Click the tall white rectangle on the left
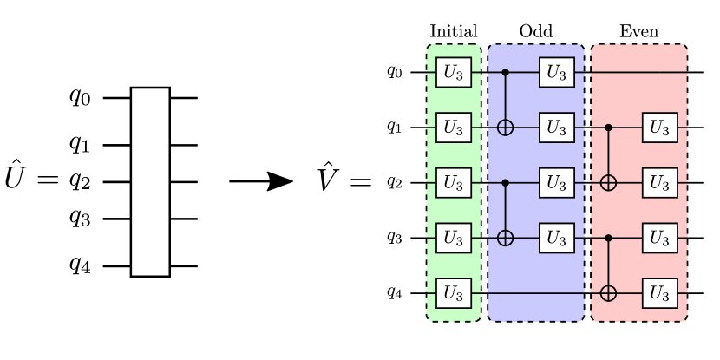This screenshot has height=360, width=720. click(x=150, y=182)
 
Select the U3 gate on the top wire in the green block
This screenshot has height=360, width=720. click(x=453, y=73)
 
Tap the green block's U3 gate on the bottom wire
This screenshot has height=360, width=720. click(x=453, y=293)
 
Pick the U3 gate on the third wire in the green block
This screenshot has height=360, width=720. click(x=453, y=183)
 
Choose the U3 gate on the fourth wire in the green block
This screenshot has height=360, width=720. click(x=453, y=238)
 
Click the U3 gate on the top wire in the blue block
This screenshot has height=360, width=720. click(x=556, y=73)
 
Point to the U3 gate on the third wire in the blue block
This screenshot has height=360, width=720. click(x=556, y=183)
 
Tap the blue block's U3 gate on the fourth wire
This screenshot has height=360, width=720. click(x=556, y=238)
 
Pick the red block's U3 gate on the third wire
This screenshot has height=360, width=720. click(x=659, y=183)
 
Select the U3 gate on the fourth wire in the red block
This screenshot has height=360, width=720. click(x=659, y=238)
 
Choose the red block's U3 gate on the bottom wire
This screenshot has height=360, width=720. click(x=659, y=293)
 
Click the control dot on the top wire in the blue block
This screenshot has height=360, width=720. click(x=505, y=73)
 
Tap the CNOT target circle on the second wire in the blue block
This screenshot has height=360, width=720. click(x=505, y=128)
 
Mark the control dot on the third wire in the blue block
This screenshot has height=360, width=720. click(x=505, y=183)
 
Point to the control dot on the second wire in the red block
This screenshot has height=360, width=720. click(x=608, y=128)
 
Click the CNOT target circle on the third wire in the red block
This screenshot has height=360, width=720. click(x=608, y=183)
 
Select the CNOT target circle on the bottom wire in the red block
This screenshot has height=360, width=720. click(x=608, y=293)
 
